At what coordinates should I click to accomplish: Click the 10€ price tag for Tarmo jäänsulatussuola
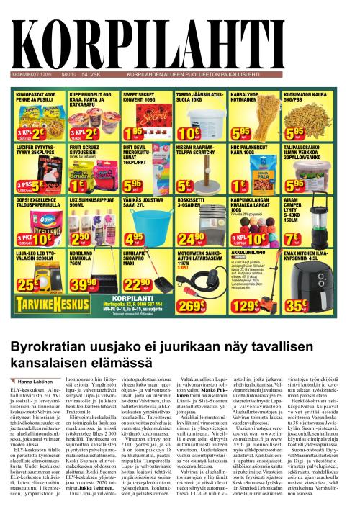pyautogui.click(x=189, y=132)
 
